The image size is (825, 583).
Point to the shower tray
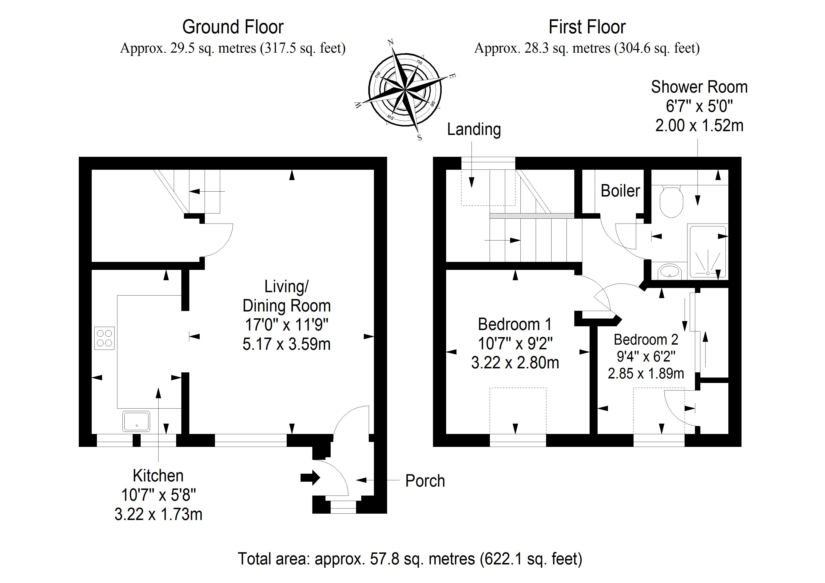pyautogui.click(x=707, y=252)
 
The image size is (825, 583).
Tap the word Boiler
pyautogui.click(x=620, y=191)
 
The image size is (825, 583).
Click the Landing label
pyautogui.click(x=474, y=130)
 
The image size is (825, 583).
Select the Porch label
pyautogui.click(x=425, y=481)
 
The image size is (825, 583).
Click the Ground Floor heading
pyautogui.click(x=233, y=27)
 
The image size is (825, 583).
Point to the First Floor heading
pyautogui.click(x=587, y=27)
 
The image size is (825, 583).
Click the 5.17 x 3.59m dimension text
pyautogui.click(x=286, y=344)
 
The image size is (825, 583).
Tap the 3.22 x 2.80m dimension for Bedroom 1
pyautogui.click(x=515, y=363)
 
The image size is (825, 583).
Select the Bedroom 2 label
pyautogui.click(x=646, y=339)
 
